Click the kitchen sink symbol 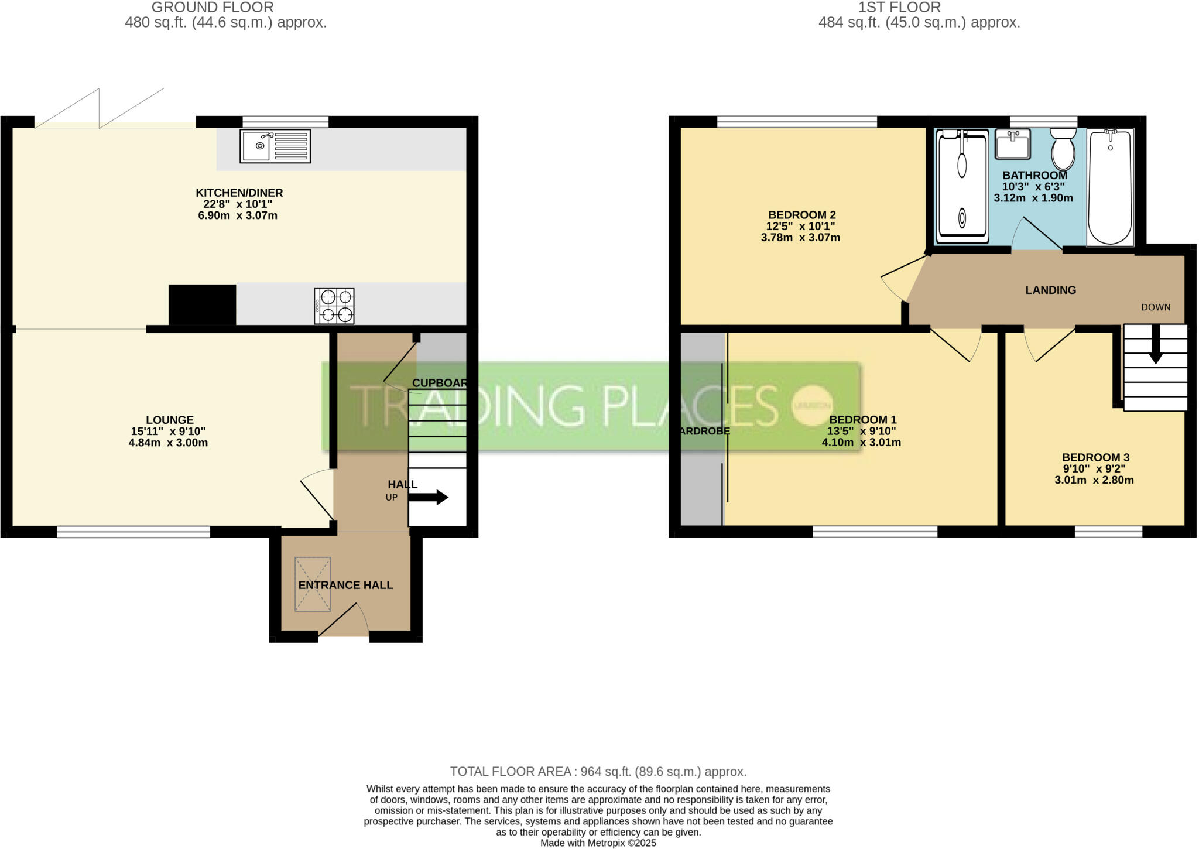click(275, 146)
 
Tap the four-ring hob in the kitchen click(334, 306)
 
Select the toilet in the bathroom click(1063, 150)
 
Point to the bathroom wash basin click(1013, 144)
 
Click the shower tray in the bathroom click(962, 186)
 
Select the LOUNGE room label click(170, 420)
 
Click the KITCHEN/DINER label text click(239, 193)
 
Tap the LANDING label click(1050, 290)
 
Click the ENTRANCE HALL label click(345, 585)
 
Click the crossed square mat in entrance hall click(313, 584)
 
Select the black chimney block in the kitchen click(202, 304)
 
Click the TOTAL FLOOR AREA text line click(598, 771)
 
